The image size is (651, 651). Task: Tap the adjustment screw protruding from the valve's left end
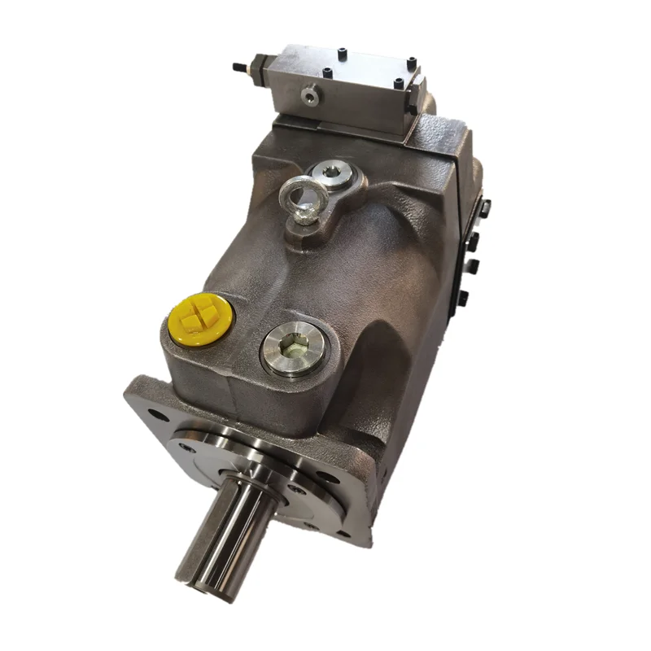pyautogui.click(x=238, y=65)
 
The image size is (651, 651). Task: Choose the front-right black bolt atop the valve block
pyautogui.click(x=399, y=84)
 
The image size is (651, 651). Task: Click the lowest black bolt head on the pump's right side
pyautogui.click(x=464, y=296)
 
